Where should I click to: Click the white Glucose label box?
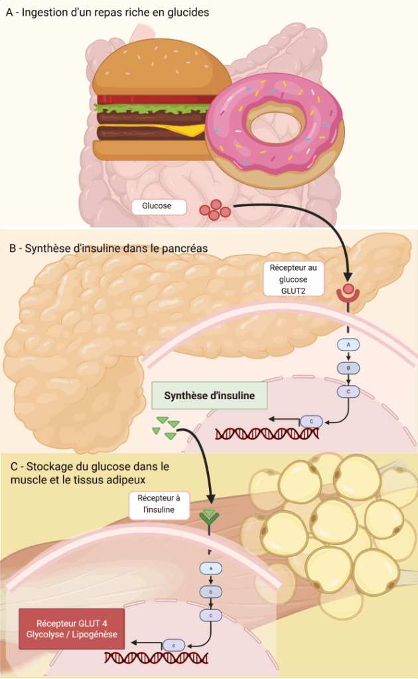click(157, 206)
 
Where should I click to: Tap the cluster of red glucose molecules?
click(215, 210)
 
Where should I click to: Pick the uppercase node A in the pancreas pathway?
click(348, 345)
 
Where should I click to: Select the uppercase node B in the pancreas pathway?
click(348, 368)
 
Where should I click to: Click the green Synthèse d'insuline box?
click(210, 395)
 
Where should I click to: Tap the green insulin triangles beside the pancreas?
click(166, 427)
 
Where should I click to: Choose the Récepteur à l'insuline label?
click(159, 503)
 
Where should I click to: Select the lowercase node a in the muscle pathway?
click(211, 568)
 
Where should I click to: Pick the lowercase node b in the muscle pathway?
click(211, 591)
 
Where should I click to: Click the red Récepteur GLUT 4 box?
click(72, 629)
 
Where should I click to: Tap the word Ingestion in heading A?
click(44, 13)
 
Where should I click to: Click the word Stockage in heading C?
click(48, 466)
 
